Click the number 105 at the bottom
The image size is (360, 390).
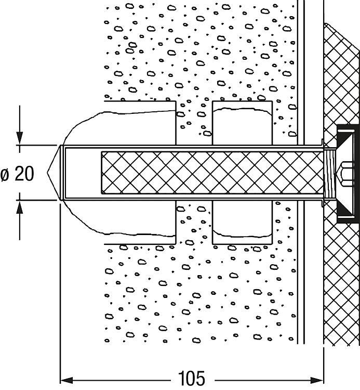coord(191,379)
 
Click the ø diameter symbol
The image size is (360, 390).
coord(6,174)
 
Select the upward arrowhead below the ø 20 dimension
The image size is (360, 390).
coord(20,207)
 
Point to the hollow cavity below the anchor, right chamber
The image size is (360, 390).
coord(243,221)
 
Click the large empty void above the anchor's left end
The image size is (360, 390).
coord(125,127)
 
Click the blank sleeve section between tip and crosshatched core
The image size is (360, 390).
coord(83,173)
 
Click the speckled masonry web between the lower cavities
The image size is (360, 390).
coord(195,224)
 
